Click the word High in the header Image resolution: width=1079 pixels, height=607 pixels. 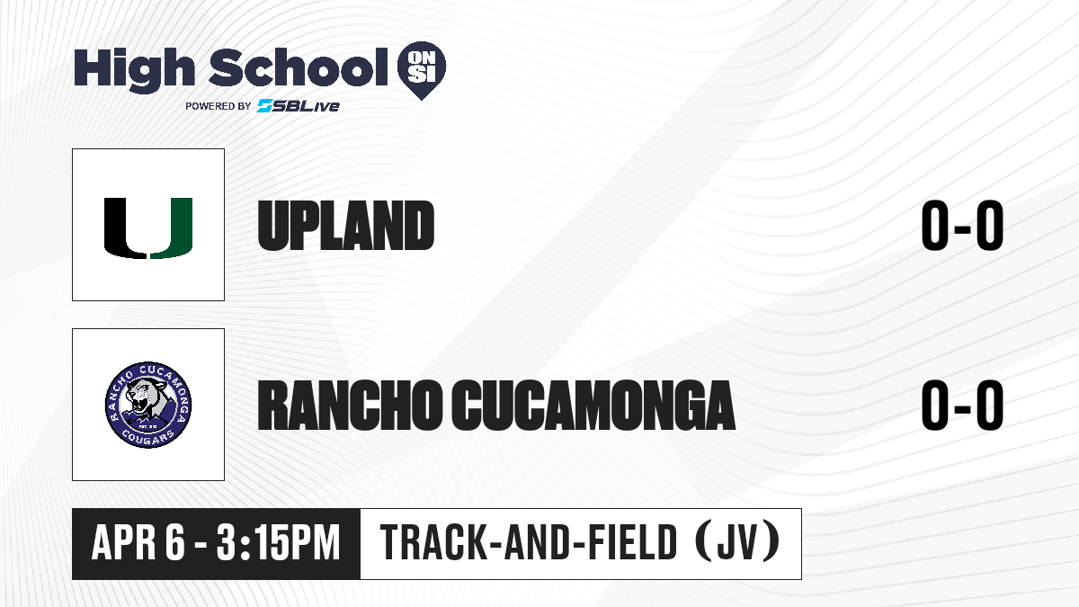pyautogui.click(x=134, y=70)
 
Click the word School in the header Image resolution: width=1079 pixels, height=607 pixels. pyautogui.click(x=299, y=67)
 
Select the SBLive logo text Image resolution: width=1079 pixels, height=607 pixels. pyautogui.click(x=299, y=106)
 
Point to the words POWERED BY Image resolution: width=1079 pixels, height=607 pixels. pyautogui.click(x=218, y=106)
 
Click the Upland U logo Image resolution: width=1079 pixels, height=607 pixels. pyautogui.click(x=148, y=228)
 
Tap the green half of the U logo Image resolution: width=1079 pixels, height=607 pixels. pyautogui.click(x=172, y=228)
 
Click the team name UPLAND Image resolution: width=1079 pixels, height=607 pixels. pyautogui.click(x=346, y=226)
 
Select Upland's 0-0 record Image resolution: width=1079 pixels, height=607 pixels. pyautogui.click(x=962, y=226)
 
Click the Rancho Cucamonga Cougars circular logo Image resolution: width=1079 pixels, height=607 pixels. pyautogui.click(x=148, y=405)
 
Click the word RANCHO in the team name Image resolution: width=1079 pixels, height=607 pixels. pyautogui.click(x=349, y=406)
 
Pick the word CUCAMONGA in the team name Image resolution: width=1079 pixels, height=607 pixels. pyautogui.click(x=593, y=406)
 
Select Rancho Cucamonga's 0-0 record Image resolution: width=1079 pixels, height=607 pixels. pyautogui.click(x=962, y=406)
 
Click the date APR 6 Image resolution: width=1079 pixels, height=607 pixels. pyautogui.click(x=138, y=543)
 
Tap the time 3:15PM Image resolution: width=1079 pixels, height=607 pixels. pyautogui.click(x=278, y=543)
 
